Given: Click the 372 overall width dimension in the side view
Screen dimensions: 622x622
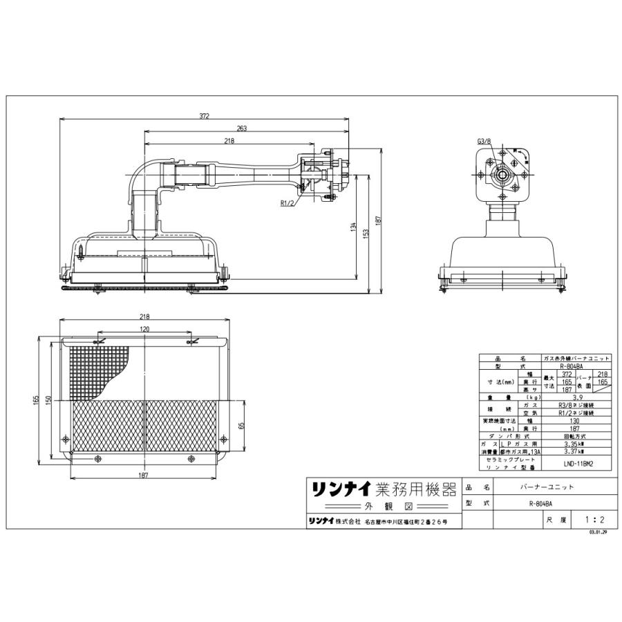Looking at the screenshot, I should click(204, 116).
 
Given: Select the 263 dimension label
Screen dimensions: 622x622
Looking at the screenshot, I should click(241, 129).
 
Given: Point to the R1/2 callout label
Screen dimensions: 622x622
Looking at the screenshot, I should click(288, 204).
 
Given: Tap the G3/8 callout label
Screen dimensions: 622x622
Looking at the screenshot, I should click(483, 141).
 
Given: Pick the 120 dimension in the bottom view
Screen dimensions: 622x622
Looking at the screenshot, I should click(144, 330).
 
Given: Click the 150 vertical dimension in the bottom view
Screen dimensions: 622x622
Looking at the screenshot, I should click(48, 402).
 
